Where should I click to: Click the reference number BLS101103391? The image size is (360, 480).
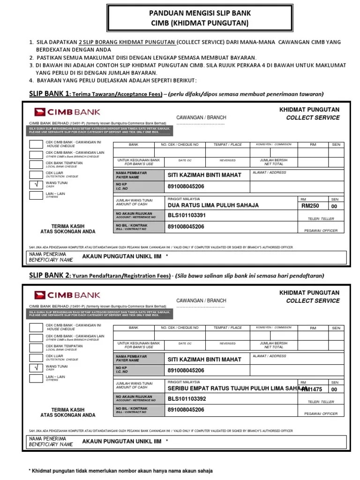click(x=186, y=216)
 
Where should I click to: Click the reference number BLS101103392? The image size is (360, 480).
click(x=186, y=399)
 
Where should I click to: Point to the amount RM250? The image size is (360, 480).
click(x=310, y=206)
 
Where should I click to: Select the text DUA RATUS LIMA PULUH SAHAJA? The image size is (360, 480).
click(x=213, y=205)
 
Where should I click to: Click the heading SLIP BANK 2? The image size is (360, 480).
click(x=49, y=275)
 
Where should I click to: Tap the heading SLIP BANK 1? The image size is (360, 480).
click(x=49, y=92)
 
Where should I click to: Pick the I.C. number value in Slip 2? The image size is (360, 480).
click(x=186, y=370)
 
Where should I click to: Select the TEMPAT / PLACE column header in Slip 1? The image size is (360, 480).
click(x=228, y=145)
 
